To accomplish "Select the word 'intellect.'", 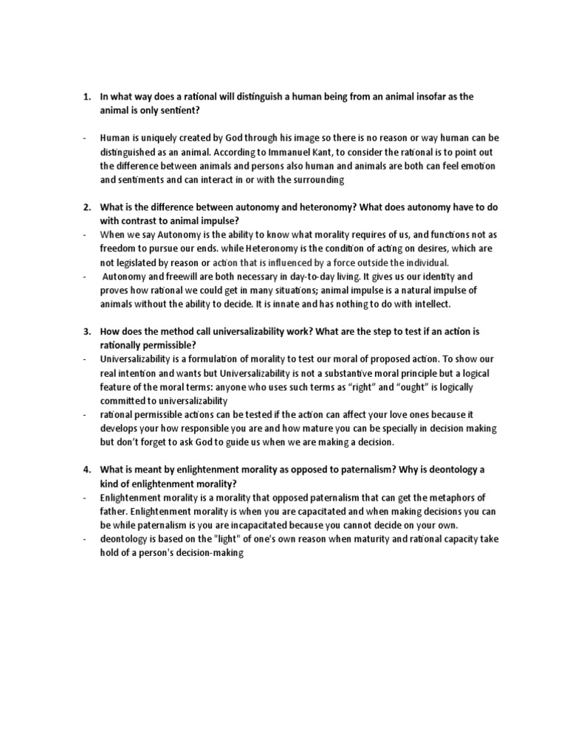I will point(436,304).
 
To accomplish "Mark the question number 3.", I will point(86,332).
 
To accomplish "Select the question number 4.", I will point(86,470).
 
